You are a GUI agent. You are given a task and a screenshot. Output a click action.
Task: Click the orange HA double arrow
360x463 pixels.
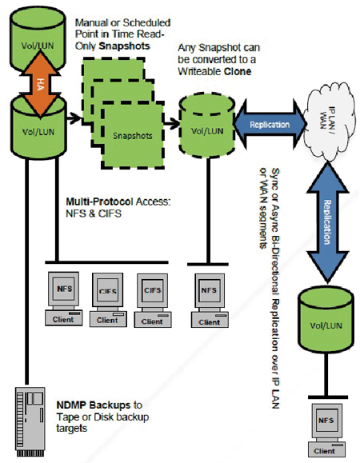pos(39,84)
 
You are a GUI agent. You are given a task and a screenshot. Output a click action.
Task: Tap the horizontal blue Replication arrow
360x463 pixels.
pos(270,124)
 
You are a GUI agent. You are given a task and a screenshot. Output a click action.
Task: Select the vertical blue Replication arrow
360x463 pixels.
pos(327,222)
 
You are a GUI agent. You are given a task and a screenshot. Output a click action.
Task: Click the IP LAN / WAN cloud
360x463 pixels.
pos(329,121)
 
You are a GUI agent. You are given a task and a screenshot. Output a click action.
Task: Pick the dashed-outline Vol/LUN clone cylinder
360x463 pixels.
pos(207,125)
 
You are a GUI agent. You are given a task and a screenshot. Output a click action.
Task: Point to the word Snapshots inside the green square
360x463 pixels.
pos(133,136)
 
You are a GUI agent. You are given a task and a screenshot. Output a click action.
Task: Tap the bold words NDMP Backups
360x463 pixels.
pos(94,405)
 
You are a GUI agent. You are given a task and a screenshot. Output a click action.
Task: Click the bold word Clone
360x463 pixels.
pos(238,71)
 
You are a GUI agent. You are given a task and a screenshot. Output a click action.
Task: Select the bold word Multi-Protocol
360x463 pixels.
pos(99,202)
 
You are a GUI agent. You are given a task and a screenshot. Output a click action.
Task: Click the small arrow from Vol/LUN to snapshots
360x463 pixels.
pos(74,118)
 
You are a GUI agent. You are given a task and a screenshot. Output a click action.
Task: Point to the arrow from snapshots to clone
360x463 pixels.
pos(171,123)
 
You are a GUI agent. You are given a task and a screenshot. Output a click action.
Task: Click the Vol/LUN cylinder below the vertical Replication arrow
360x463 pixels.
pos(326,320)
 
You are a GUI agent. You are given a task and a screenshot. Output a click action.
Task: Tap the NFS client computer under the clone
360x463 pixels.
pos(210,301)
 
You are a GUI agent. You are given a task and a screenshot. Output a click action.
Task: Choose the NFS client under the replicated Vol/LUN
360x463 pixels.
pos(326,430)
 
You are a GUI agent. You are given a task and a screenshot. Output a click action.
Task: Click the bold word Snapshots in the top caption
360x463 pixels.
pos(124,46)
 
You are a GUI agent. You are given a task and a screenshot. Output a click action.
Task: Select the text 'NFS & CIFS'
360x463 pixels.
pos(94,214)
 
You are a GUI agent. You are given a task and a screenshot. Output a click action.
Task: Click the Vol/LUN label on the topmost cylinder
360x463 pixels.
pos(38,46)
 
